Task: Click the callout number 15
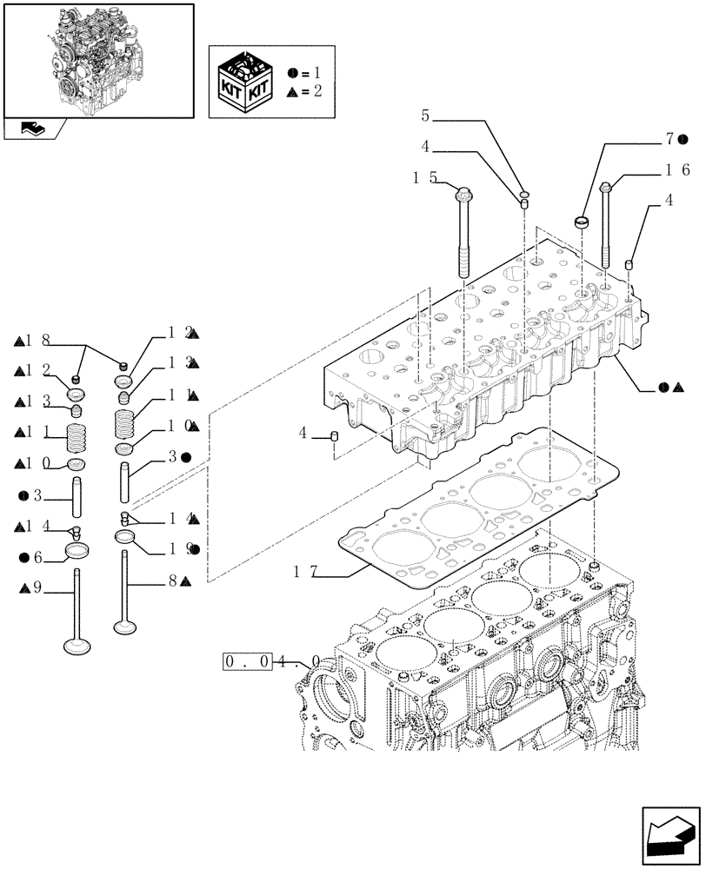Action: (424, 177)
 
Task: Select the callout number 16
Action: (678, 169)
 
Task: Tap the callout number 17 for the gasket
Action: (303, 571)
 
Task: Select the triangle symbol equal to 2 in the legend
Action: (293, 90)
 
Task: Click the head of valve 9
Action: (76, 646)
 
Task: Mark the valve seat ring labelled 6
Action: (78, 553)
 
